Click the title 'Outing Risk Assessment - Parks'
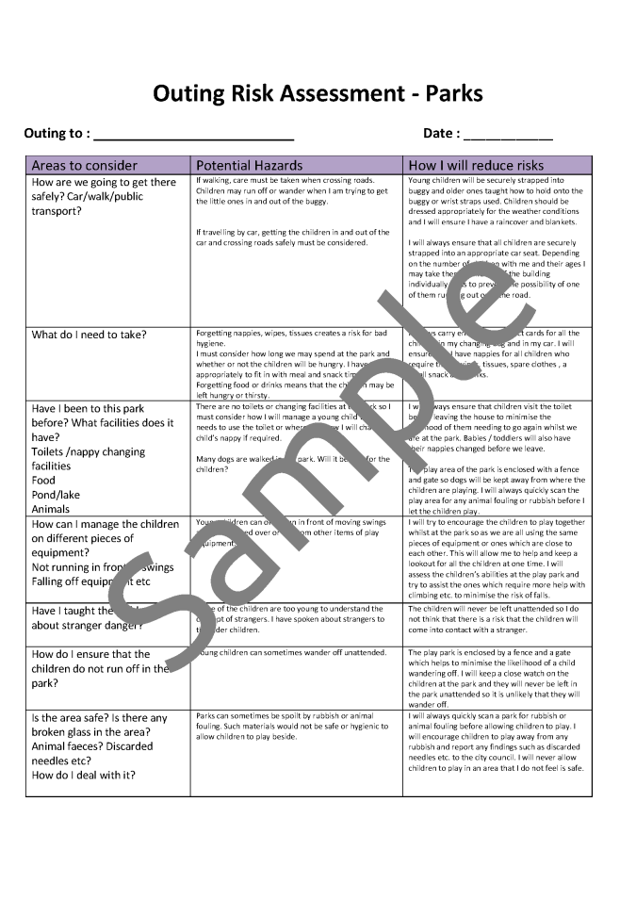(x=318, y=93)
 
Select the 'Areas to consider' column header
(x=85, y=165)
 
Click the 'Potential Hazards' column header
(x=249, y=165)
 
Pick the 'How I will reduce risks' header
(x=476, y=165)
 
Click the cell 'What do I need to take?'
(x=90, y=335)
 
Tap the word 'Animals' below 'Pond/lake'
(x=52, y=508)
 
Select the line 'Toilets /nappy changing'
(x=89, y=451)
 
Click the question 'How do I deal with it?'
(x=84, y=775)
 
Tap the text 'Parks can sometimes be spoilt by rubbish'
(x=278, y=715)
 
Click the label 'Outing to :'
(x=57, y=134)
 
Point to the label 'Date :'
(x=442, y=134)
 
